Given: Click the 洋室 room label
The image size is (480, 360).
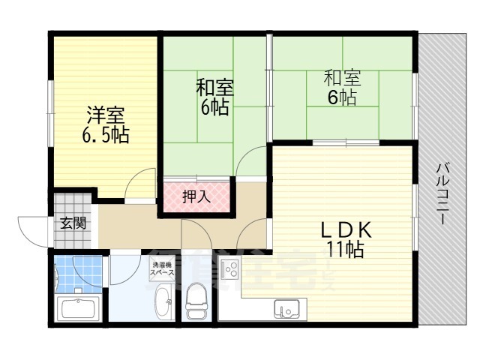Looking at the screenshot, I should (x=105, y=116).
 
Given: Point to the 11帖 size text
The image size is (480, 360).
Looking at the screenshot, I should (x=344, y=250).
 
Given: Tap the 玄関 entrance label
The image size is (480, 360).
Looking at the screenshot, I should (x=73, y=222).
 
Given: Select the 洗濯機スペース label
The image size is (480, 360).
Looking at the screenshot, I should (x=163, y=268).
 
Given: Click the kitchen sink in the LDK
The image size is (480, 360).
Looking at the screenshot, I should (x=286, y=308).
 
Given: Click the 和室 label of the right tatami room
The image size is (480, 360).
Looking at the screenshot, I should (x=342, y=78).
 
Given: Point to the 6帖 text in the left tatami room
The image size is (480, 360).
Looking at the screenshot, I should (x=214, y=106).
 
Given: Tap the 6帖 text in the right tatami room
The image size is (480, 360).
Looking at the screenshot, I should (x=342, y=97).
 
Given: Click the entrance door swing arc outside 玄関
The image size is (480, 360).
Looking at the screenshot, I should (x=30, y=229).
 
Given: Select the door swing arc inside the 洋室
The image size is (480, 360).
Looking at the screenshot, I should (x=137, y=184).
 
